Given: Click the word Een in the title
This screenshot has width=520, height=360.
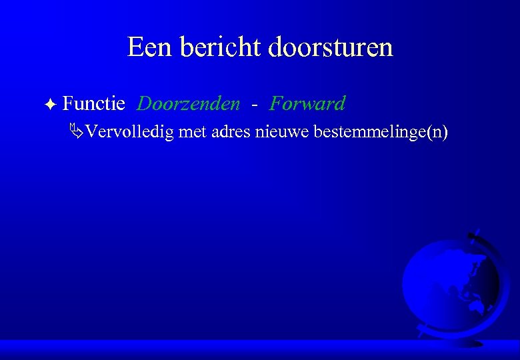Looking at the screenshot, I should (148, 47).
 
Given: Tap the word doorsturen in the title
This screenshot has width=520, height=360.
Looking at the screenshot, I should (331, 47).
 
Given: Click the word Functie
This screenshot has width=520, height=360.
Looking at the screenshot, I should (94, 104).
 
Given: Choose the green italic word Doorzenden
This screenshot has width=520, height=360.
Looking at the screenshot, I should (189, 104).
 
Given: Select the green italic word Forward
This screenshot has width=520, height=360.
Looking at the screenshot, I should (307, 104).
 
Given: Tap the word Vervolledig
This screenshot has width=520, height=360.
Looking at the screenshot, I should (130, 132).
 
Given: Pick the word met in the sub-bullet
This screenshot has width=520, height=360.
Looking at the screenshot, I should (193, 132).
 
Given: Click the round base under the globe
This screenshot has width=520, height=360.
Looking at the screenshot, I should (467, 342).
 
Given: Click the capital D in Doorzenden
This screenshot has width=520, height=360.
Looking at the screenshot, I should (143, 104).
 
